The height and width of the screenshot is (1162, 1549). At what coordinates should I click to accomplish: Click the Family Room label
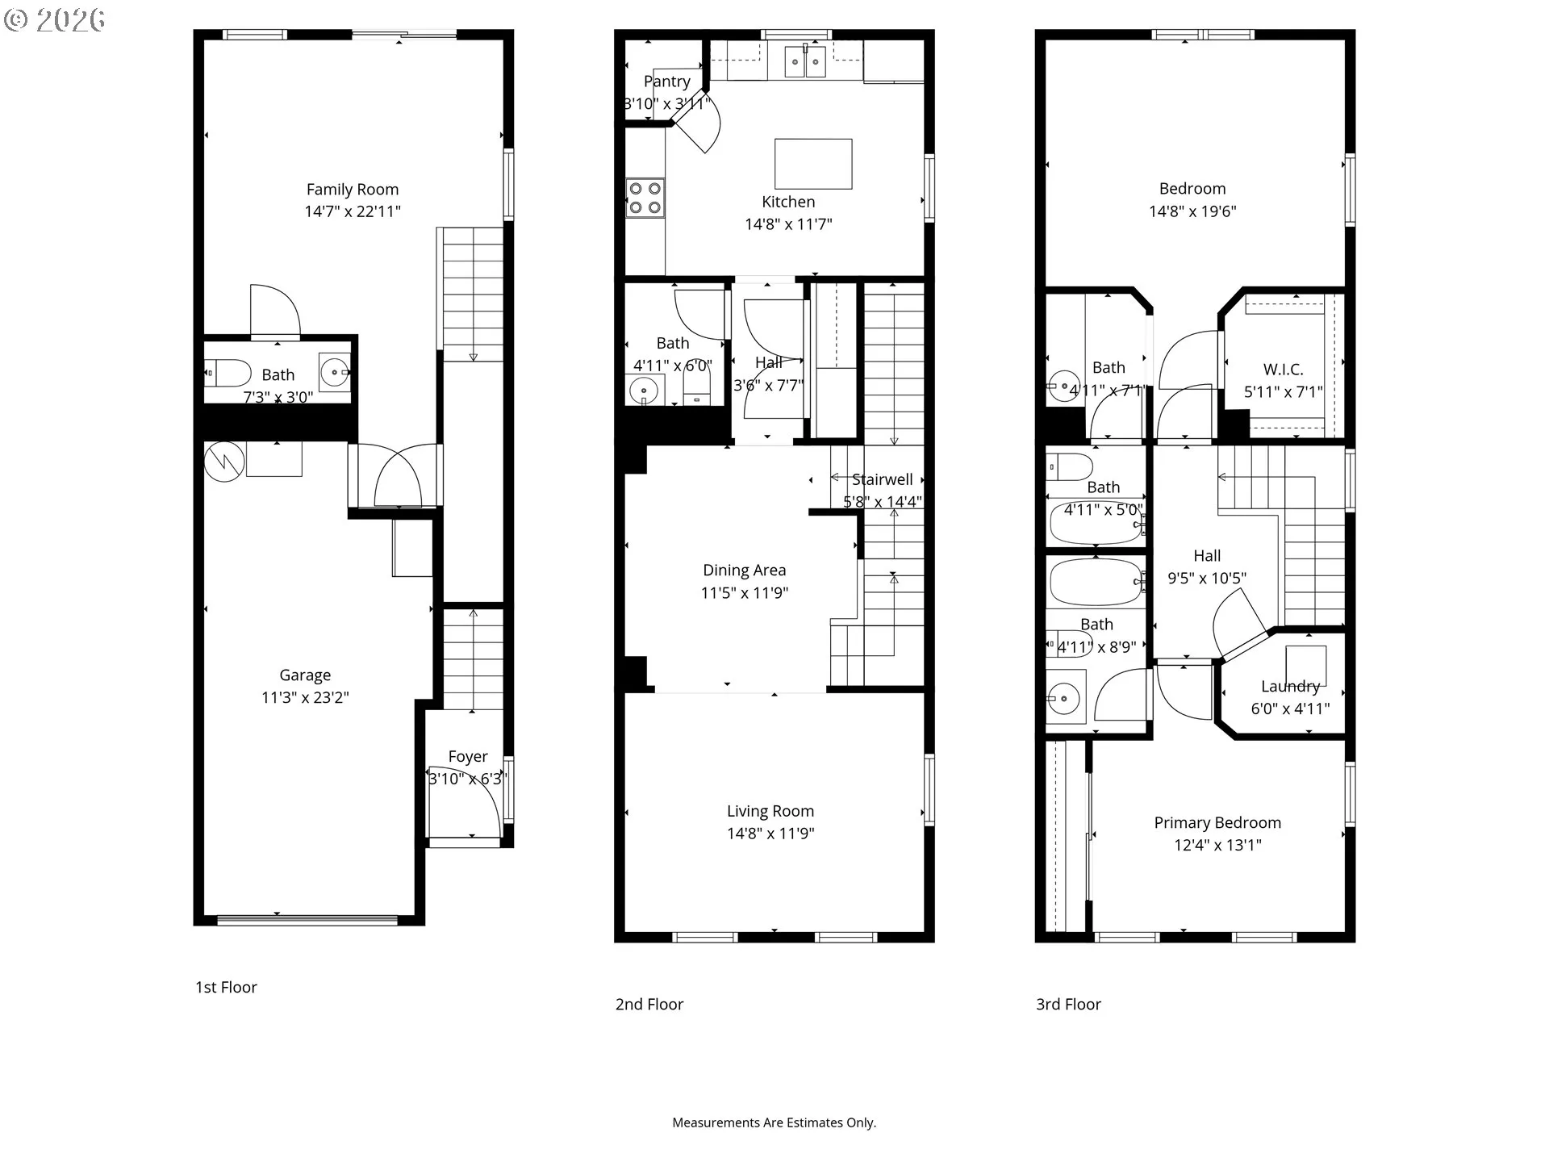[x=353, y=190]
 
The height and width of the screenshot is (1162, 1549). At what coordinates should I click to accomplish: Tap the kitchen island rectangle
[x=813, y=164]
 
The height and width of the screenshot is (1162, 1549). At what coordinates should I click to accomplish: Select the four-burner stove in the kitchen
[x=645, y=198]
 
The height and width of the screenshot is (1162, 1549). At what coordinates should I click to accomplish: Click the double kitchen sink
[x=806, y=62]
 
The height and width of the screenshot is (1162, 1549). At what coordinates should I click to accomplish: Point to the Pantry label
[x=666, y=82]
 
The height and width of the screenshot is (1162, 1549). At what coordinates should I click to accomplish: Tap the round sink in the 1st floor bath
[x=334, y=372]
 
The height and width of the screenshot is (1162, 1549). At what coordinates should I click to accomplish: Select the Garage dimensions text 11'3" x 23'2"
[x=305, y=697]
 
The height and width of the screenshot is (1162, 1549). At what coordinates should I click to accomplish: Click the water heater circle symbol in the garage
[x=223, y=462]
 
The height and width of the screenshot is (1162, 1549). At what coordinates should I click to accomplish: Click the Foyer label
[x=468, y=757]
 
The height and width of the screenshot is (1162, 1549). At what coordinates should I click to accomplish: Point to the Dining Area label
[x=744, y=571]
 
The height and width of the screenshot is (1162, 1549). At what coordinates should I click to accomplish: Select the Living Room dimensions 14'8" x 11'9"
[x=770, y=834]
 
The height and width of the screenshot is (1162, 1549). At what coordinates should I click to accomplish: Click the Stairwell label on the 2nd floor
[x=883, y=479]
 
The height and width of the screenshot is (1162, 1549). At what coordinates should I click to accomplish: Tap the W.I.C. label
[x=1283, y=370]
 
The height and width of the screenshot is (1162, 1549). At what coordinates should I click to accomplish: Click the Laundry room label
[x=1290, y=687]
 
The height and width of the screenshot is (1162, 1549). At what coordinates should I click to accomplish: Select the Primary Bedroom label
[x=1217, y=823]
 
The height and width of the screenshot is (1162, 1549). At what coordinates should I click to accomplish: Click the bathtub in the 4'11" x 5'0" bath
[x=1095, y=524]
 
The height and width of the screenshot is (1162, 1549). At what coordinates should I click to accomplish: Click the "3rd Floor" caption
[x=1068, y=1005]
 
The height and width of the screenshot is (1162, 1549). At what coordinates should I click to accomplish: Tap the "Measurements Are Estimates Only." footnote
[x=774, y=1122]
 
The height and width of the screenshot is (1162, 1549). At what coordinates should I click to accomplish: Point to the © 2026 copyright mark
[x=55, y=19]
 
